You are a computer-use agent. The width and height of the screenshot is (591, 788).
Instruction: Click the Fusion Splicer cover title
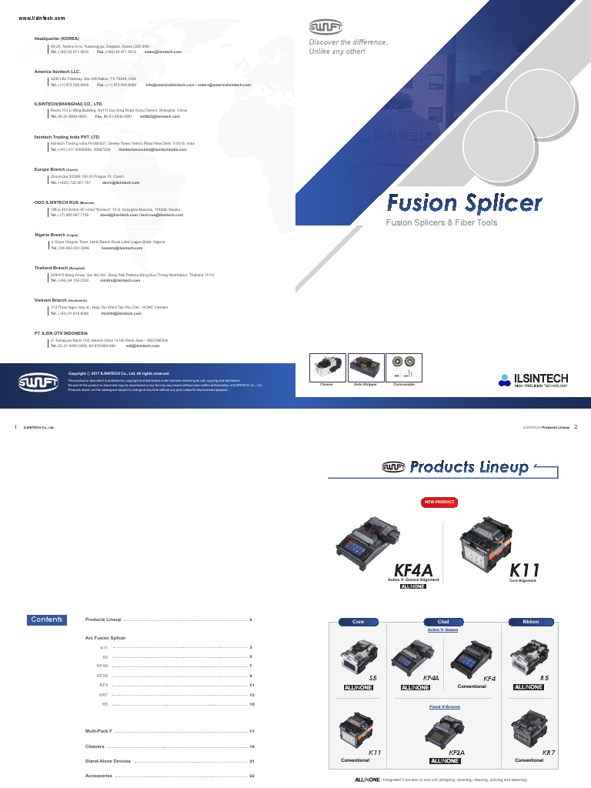[x=464, y=203]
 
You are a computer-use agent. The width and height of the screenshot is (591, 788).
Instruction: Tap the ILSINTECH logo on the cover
[x=533, y=379]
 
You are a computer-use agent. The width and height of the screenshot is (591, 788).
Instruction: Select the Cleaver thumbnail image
[x=326, y=367]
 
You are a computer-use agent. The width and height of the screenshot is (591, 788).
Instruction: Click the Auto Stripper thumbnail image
[x=365, y=367]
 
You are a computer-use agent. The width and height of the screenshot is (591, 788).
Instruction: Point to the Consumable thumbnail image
[x=403, y=367]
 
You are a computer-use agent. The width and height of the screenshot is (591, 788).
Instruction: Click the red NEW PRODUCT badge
[x=439, y=503]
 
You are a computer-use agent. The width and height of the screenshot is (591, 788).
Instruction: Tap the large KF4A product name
[x=413, y=570]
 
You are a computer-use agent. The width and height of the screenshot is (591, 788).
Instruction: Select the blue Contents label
[x=47, y=619]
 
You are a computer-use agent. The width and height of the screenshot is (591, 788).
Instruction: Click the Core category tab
[x=358, y=621]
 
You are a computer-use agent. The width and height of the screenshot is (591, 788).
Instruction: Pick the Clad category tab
[x=443, y=621]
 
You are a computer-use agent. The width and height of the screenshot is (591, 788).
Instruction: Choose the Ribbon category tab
[x=530, y=621]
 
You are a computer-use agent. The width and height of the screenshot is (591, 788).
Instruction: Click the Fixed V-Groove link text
[x=444, y=706]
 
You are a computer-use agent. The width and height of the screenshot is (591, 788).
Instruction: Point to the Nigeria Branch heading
[x=55, y=235]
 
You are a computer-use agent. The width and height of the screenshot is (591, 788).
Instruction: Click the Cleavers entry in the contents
[x=95, y=746]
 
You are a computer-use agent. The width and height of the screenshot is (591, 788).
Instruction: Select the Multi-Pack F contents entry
[x=98, y=730]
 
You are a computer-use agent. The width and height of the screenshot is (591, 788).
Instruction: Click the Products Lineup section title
[x=469, y=467]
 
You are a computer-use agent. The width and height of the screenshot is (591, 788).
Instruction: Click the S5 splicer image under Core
[x=357, y=659]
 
